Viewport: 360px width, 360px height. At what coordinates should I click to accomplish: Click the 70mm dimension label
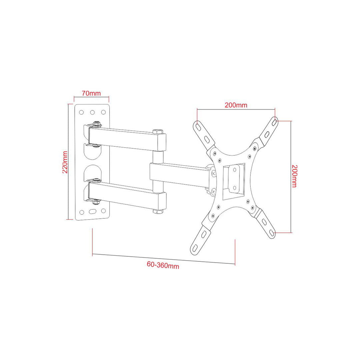tap(91, 93)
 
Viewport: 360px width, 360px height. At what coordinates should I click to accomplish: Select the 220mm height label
tap(65, 162)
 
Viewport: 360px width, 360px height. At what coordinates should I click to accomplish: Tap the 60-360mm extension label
tap(163, 265)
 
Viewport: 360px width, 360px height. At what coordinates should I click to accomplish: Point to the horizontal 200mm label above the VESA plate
tap(236, 105)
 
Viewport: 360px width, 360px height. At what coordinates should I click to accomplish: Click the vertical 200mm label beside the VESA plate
tap(294, 176)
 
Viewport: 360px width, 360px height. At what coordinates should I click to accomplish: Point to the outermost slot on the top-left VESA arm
tap(198, 127)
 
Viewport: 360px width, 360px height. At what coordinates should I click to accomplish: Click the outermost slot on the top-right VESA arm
tap(274, 122)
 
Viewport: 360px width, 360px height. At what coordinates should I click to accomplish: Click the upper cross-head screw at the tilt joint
tap(214, 173)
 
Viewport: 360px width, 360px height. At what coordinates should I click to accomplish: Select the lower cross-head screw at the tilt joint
tap(213, 191)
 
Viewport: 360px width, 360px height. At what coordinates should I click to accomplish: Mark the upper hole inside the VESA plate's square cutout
tap(235, 170)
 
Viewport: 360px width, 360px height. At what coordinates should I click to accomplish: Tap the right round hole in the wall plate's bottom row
tap(103, 211)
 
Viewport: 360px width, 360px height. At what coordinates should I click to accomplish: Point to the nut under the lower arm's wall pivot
tap(96, 201)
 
